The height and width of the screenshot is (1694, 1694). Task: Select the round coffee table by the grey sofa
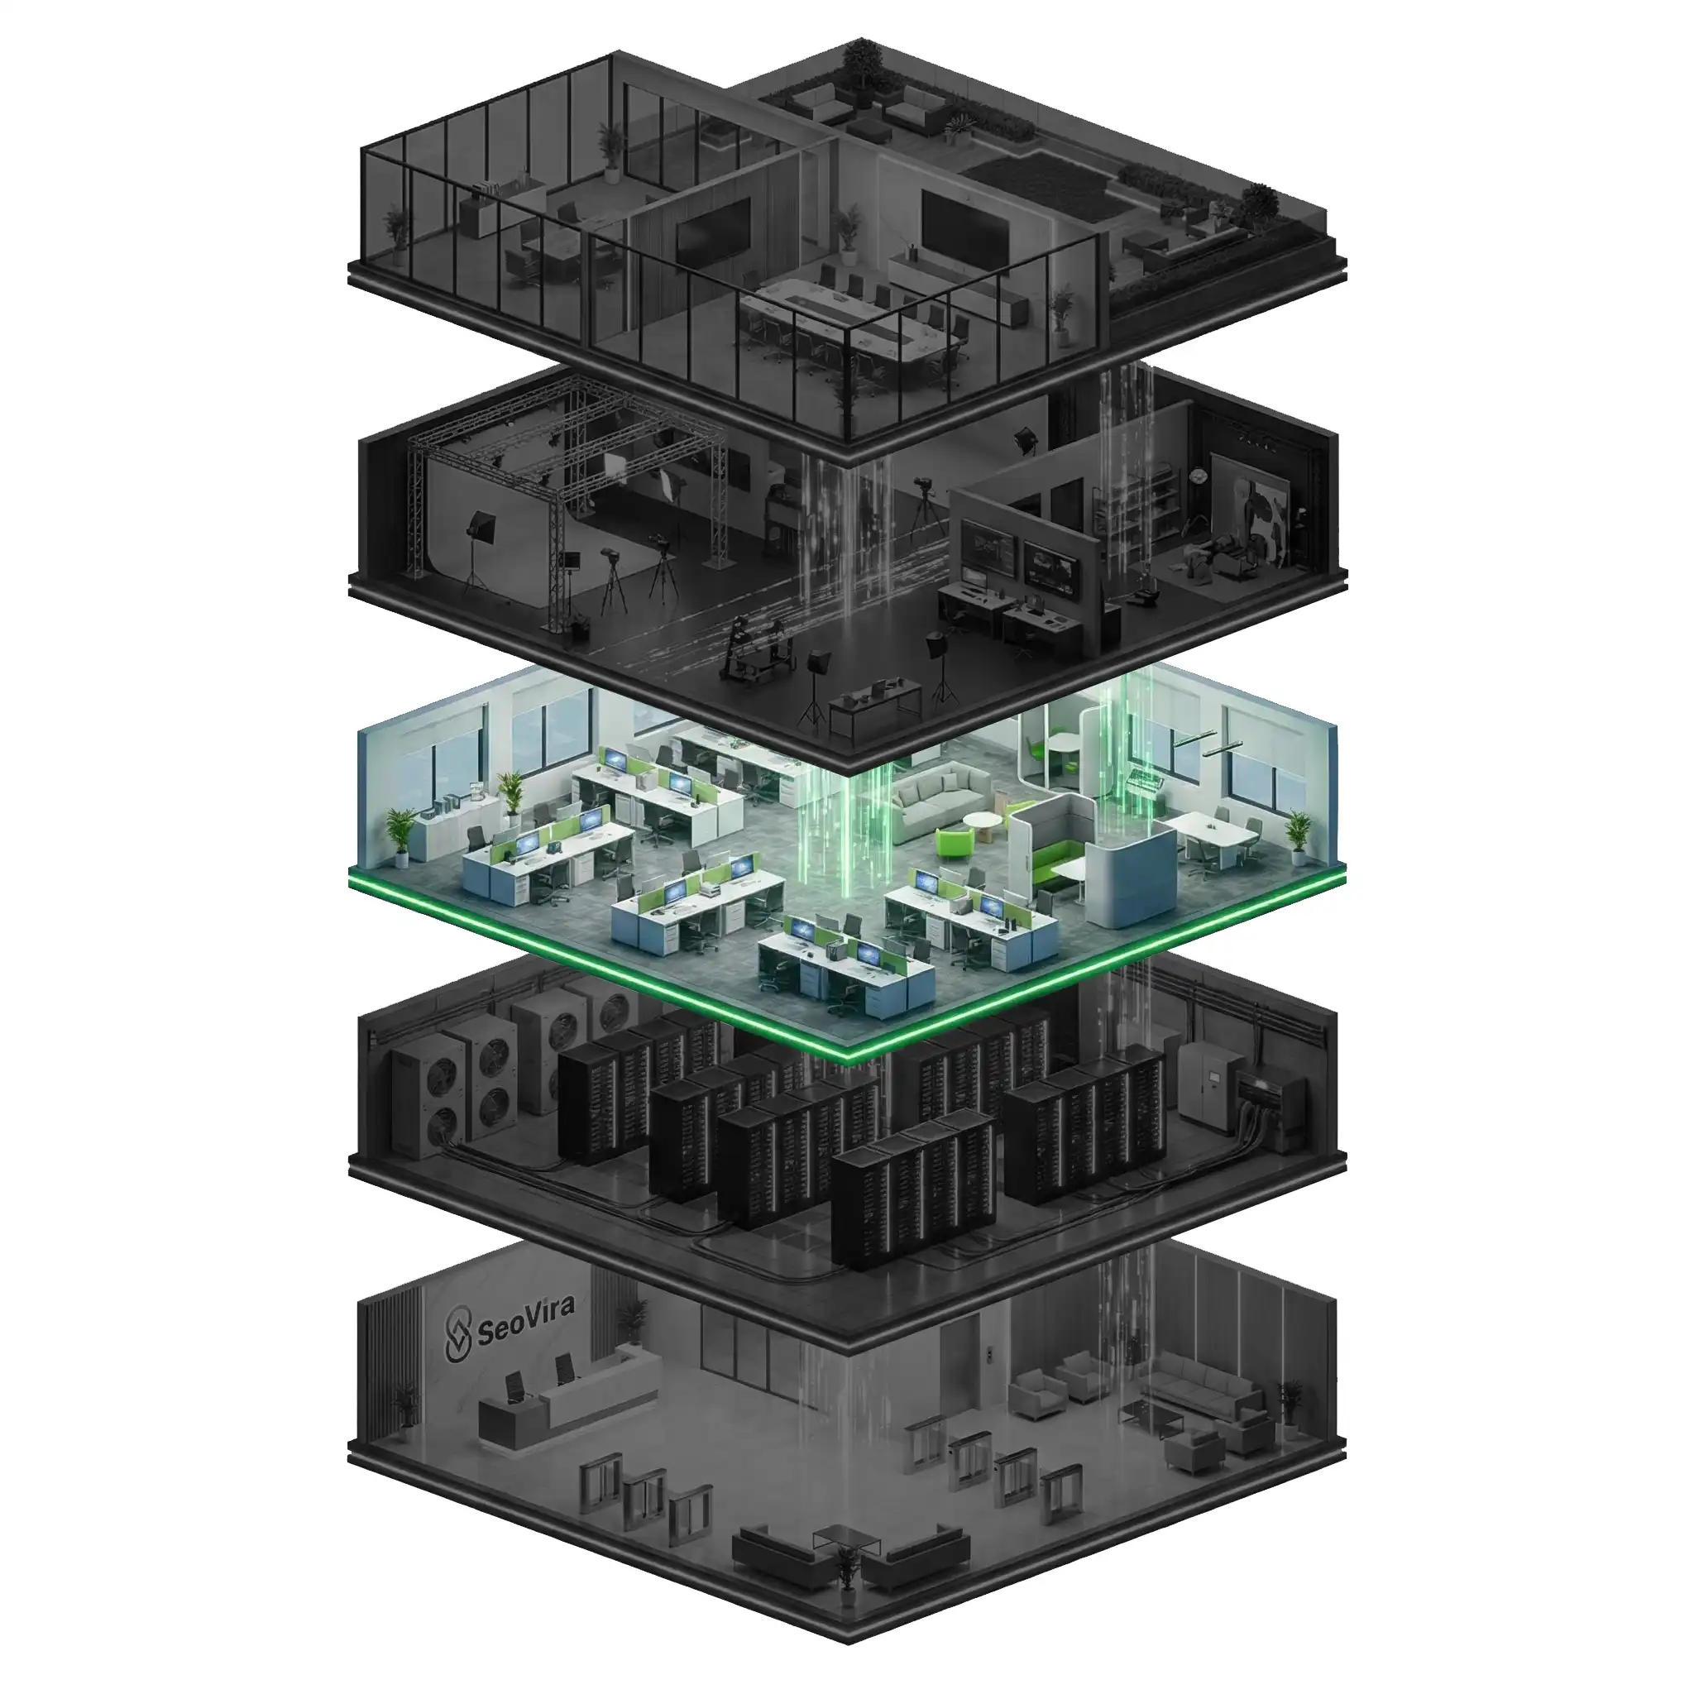click(983, 825)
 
